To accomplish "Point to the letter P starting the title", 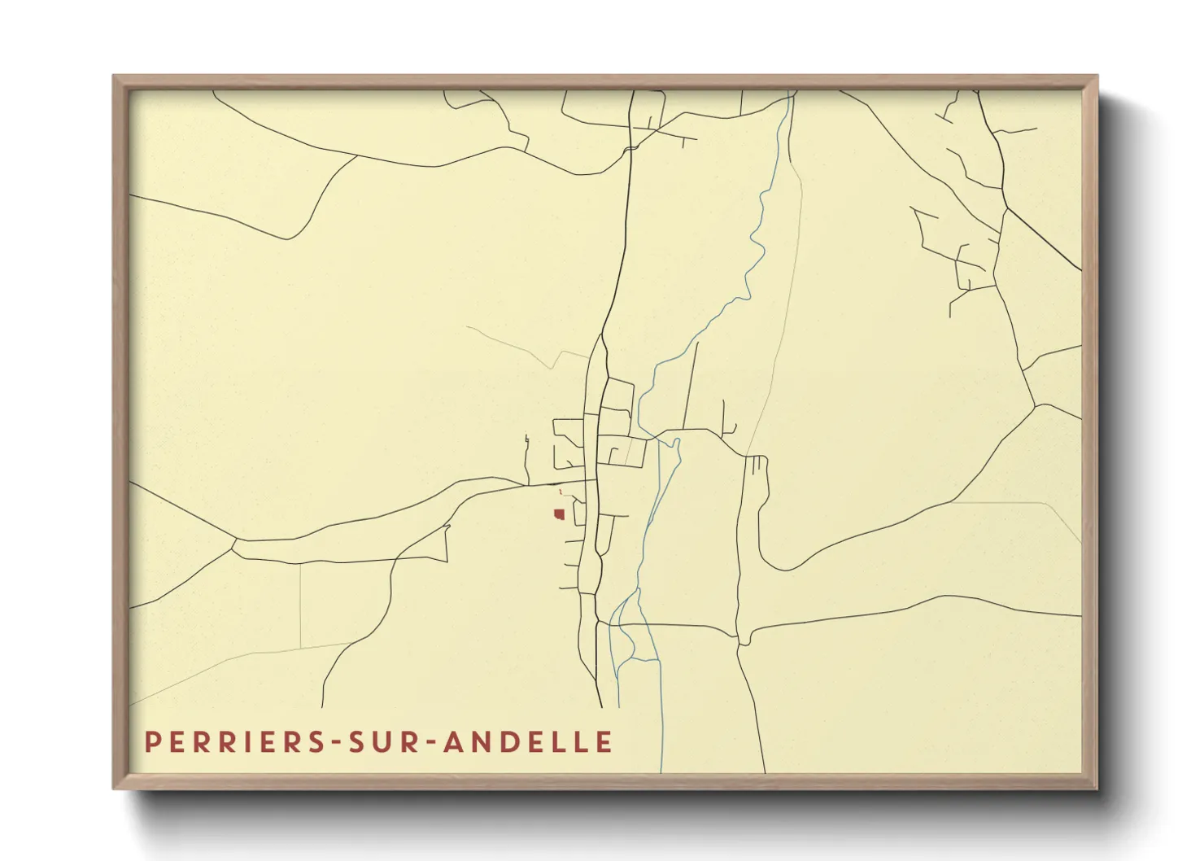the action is coord(151,742).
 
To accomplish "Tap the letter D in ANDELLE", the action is coord(502,742).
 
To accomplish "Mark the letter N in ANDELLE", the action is coord(476,742).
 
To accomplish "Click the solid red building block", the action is coord(559,514).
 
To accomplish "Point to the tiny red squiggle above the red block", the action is coord(560,492).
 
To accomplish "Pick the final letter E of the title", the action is coord(604,742).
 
